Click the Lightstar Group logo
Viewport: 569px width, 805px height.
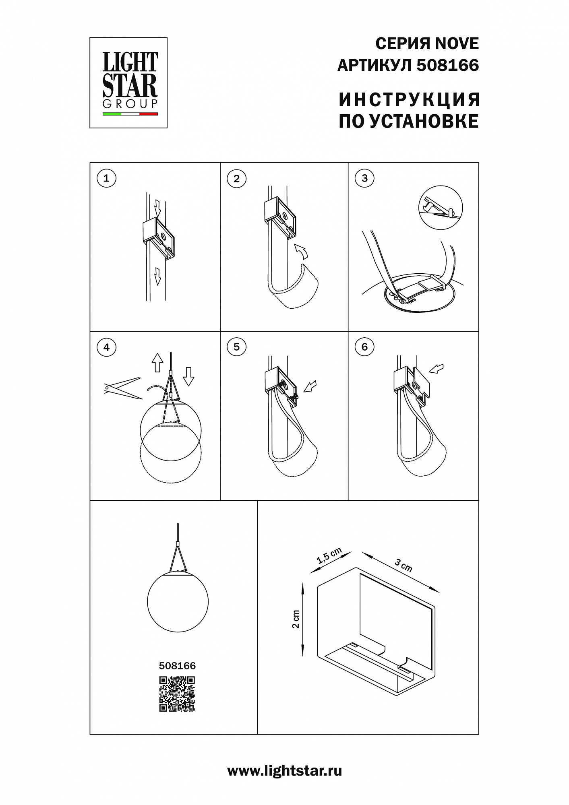click(x=128, y=83)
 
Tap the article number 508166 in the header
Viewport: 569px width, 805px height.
click(x=448, y=65)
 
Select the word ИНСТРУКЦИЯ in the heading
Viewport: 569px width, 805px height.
click(x=410, y=100)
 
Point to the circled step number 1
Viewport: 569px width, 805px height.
click(x=106, y=178)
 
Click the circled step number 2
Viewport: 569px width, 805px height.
click(x=236, y=178)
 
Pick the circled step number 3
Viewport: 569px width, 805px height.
click(x=365, y=178)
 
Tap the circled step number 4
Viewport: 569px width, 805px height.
click(x=106, y=347)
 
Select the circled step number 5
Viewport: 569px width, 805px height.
click(x=236, y=347)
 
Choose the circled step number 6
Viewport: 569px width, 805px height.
click(x=365, y=347)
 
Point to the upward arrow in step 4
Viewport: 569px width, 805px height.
click(x=157, y=363)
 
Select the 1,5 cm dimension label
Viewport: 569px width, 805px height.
click(x=329, y=556)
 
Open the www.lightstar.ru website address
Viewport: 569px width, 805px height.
click(x=285, y=771)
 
